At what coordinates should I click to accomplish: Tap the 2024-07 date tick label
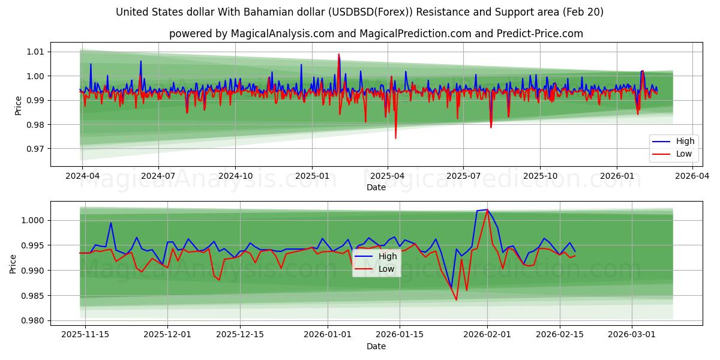click(158, 176)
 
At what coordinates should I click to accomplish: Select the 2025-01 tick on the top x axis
click(311, 176)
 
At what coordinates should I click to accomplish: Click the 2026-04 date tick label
click(692, 176)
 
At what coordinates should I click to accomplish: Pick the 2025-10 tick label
click(540, 176)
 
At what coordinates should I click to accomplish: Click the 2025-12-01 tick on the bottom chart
click(167, 335)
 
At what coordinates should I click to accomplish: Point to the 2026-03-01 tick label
click(632, 335)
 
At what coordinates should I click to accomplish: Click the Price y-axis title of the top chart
click(19, 105)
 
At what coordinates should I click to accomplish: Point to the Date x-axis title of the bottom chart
click(376, 346)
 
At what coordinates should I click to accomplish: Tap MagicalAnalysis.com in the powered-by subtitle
click(283, 34)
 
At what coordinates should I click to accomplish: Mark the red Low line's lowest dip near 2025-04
click(395, 138)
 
